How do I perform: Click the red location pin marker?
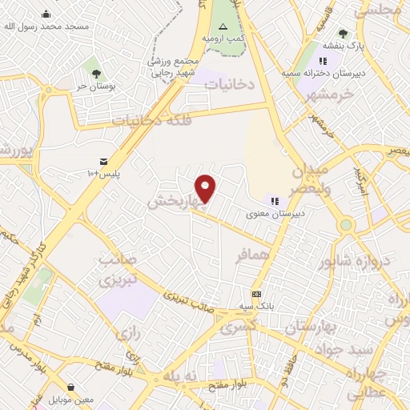[x=206, y=188]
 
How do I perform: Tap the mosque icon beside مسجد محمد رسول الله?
[x=46, y=13]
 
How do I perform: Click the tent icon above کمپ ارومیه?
[x=223, y=26]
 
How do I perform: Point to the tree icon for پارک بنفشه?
[x=344, y=34]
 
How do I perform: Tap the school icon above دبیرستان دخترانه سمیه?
[x=323, y=61]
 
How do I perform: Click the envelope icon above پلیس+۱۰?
[x=104, y=161]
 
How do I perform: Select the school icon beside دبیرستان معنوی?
[x=275, y=202]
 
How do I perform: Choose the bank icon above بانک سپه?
[x=256, y=294]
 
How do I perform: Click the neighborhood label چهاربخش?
[x=170, y=203]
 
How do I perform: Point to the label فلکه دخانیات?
[x=152, y=120]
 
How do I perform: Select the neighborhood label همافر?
[x=251, y=258]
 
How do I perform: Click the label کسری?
[x=238, y=327]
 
